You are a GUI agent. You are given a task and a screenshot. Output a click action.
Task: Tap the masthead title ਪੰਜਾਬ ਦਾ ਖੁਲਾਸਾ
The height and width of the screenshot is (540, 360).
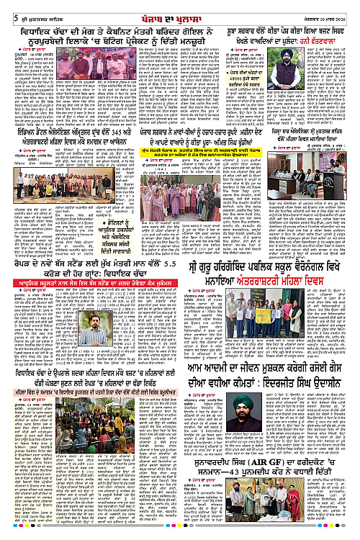pos(179,7)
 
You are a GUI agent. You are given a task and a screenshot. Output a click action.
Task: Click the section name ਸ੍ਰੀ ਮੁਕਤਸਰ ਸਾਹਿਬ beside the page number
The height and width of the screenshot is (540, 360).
pos(30,7)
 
